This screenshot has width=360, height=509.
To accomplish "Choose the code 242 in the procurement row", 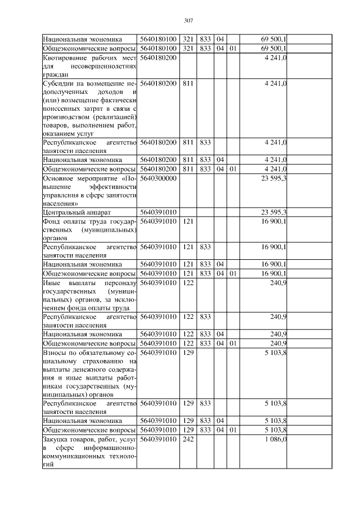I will (x=188, y=439).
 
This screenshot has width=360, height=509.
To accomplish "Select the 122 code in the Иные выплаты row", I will (x=188, y=284).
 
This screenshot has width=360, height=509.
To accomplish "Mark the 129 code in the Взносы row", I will (x=188, y=352).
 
